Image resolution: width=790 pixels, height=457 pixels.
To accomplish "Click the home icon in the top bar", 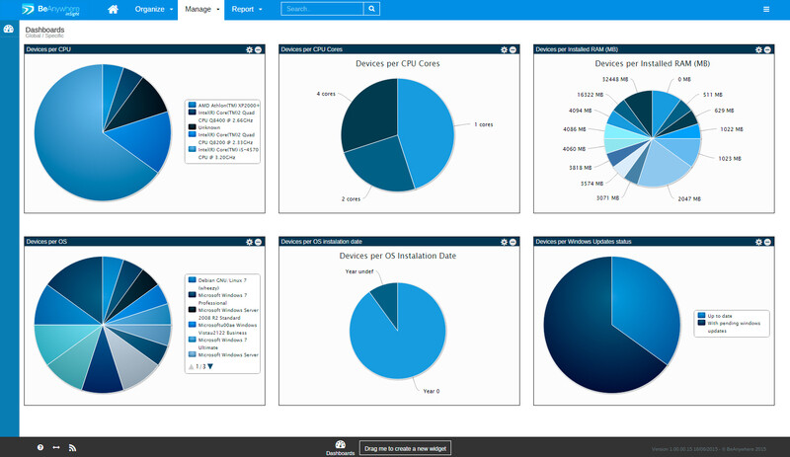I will pos(113,9).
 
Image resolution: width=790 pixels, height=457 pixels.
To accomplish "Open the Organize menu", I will pos(153,9).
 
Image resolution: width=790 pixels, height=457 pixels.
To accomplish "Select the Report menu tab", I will pos(246,9).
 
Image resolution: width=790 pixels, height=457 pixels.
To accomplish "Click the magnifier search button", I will pos(371,9).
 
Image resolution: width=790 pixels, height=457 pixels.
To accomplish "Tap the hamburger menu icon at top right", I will pos(766,9).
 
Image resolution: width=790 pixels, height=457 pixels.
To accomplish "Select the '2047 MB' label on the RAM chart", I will pos(688,198).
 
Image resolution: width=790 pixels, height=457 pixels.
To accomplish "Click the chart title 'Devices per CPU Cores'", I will pos(397,63).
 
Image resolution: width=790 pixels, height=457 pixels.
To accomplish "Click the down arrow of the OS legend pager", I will pos(209,366).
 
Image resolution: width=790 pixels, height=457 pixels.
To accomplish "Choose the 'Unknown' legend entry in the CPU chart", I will pos(210,127).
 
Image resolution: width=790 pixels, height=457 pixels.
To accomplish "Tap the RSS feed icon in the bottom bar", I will pos(72,448).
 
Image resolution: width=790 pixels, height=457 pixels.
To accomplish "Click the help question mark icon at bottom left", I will pos(40,448).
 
